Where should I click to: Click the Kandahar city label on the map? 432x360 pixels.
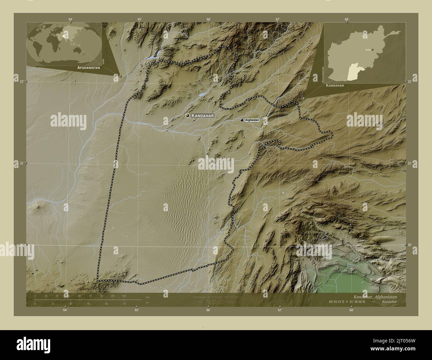(202, 116)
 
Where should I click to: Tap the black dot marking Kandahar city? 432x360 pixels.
(188, 115)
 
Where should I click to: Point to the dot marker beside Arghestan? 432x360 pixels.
(242, 120)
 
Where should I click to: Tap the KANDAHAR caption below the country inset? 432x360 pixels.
(335, 85)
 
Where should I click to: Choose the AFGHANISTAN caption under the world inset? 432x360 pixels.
(88, 67)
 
